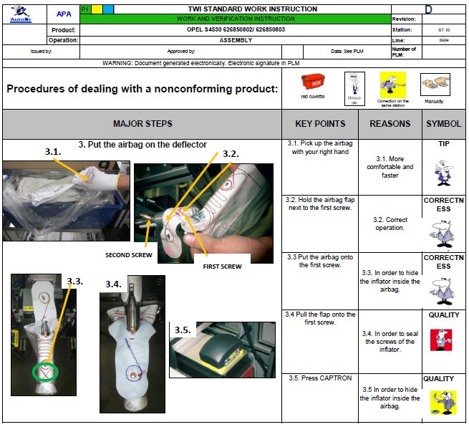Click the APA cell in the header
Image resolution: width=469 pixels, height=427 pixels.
tap(63, 14)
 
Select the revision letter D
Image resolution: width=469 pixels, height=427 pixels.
tap(448, 9)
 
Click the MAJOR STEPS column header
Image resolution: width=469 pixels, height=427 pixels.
tap(142, 124)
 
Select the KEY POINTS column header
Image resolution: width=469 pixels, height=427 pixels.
tap(320, 124)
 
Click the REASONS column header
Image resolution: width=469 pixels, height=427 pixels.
tap(390, 124)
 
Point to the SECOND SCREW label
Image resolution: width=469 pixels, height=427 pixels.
tap(129, 254)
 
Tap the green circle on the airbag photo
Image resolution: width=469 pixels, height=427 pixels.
tap(47, 373)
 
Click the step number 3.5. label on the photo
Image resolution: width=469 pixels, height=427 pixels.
tap(183, 330)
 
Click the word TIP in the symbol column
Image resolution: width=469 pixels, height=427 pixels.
tap(444, 143)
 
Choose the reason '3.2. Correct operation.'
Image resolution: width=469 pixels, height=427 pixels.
tap(390, 224)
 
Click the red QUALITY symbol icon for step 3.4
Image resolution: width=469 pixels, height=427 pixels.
tap(441, 340)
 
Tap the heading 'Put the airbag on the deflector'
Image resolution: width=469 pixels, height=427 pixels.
tap(142, 145)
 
